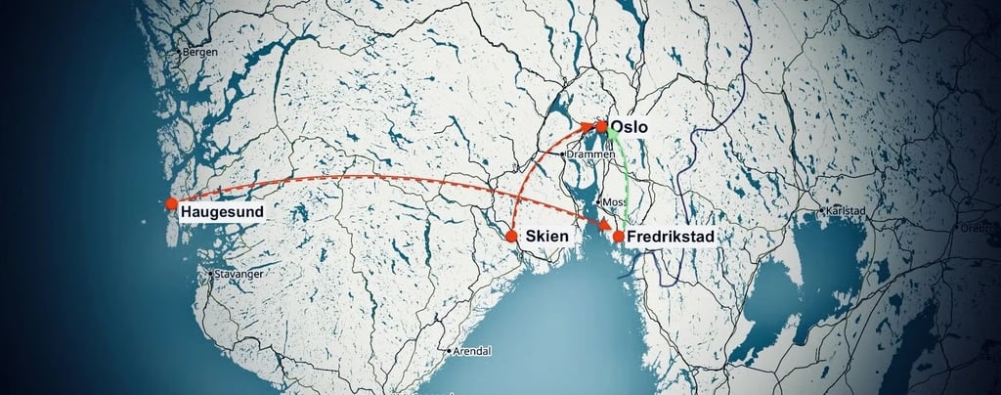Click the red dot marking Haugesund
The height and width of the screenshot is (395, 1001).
point(171,203)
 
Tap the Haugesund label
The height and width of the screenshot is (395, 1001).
point(221,212)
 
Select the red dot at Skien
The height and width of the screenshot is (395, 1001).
point(510,236)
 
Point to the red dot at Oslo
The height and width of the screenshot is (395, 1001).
point(602,126)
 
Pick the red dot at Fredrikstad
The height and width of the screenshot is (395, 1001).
point(618,236)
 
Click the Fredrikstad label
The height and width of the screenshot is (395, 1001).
point(670,237)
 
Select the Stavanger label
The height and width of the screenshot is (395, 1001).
point(239,275)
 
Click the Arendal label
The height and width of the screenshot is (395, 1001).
point(472,351)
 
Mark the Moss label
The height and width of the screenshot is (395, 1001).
point(615,202)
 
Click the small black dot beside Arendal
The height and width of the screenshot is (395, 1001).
point(449,351)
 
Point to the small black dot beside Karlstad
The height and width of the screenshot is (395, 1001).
point(820,210)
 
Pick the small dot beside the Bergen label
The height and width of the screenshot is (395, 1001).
point(179,51)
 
